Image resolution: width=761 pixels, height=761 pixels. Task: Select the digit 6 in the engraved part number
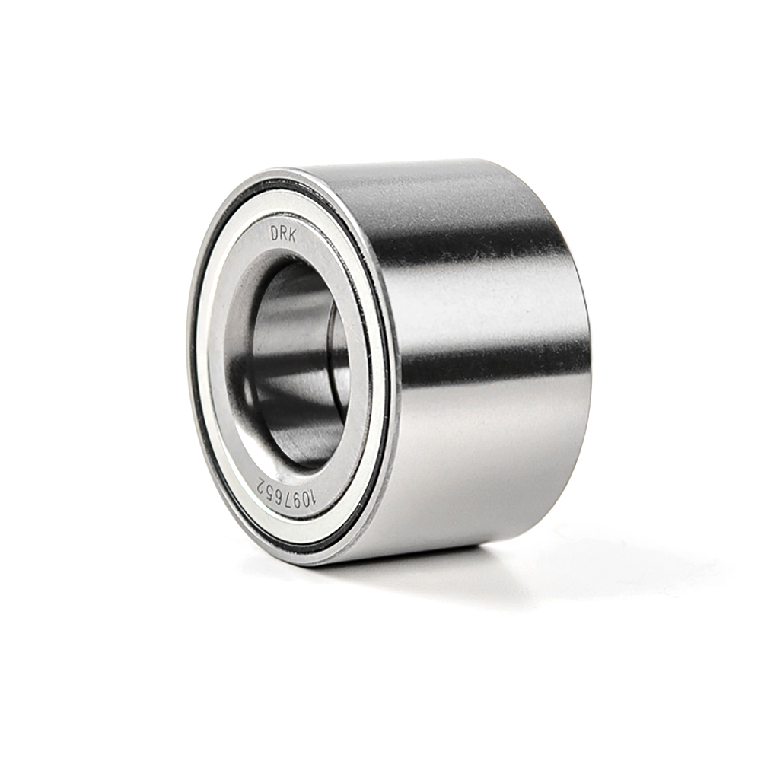(x=279, y=489)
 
